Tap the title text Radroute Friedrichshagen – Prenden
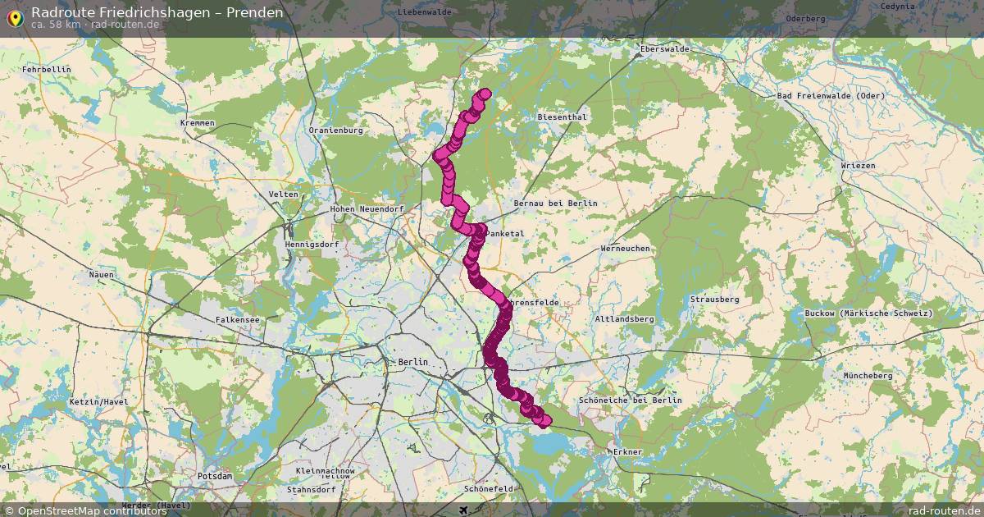pyautogui.click(x=157, y=12)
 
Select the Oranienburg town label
pyautogui.click(x=335, y=130)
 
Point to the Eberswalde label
pyautogui.click(x=664, y=49)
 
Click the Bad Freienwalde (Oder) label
pyautogui.click(x=831, y=96)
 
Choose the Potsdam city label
pyautogui.click(x=215, y=476)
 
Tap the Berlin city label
pyautogui.click(x=412, y=362)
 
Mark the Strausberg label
pyautogui.click(x=714, y=300)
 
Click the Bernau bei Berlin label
pyautogui.click(x=554, y=204)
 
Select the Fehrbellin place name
pyautogui.click(x=47, y=70)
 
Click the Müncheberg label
pyautogui.click(x=868, y=376)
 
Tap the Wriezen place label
pyautogui.click(x=858, y=166)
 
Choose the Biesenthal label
pyautogui.click(x=562, y=117)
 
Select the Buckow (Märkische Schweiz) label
pyautogui.click(x=880, y=313)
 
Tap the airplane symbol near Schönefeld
pyautogui.click(x=464, y=510)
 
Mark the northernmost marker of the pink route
pyautogui.click(x=485, y=94)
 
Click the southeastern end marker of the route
pyautogui.click(x=544, y=422)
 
